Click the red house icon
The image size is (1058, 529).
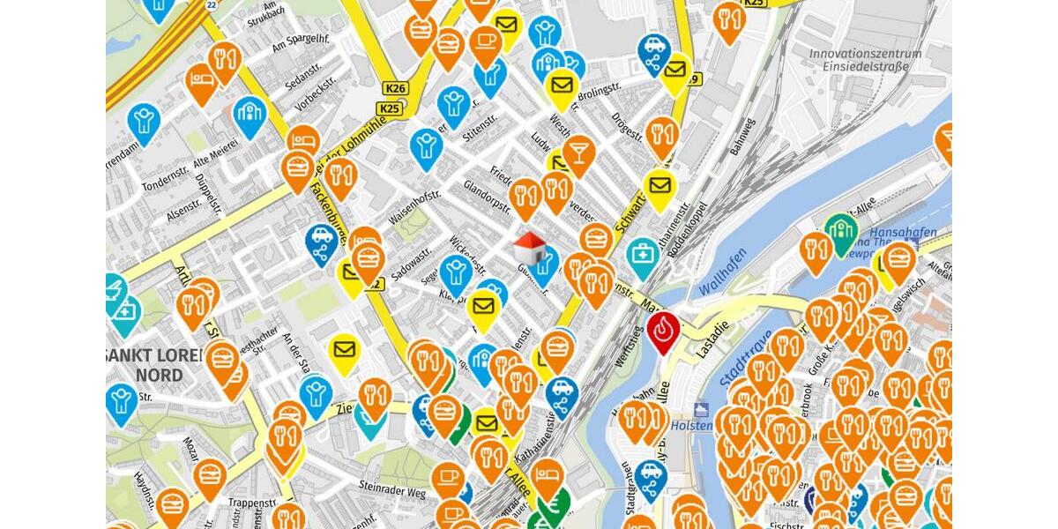pyautogui.click(x=528, y=246)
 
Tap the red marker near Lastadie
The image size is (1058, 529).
pyautogui.click(x=662, y=330)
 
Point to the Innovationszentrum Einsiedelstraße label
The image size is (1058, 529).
pyautogui.click(x=865, y=60)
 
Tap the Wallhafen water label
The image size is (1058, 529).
pyautogui.click(x=722, y=272)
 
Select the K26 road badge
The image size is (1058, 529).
pyautogui.click(x=396, y=88)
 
